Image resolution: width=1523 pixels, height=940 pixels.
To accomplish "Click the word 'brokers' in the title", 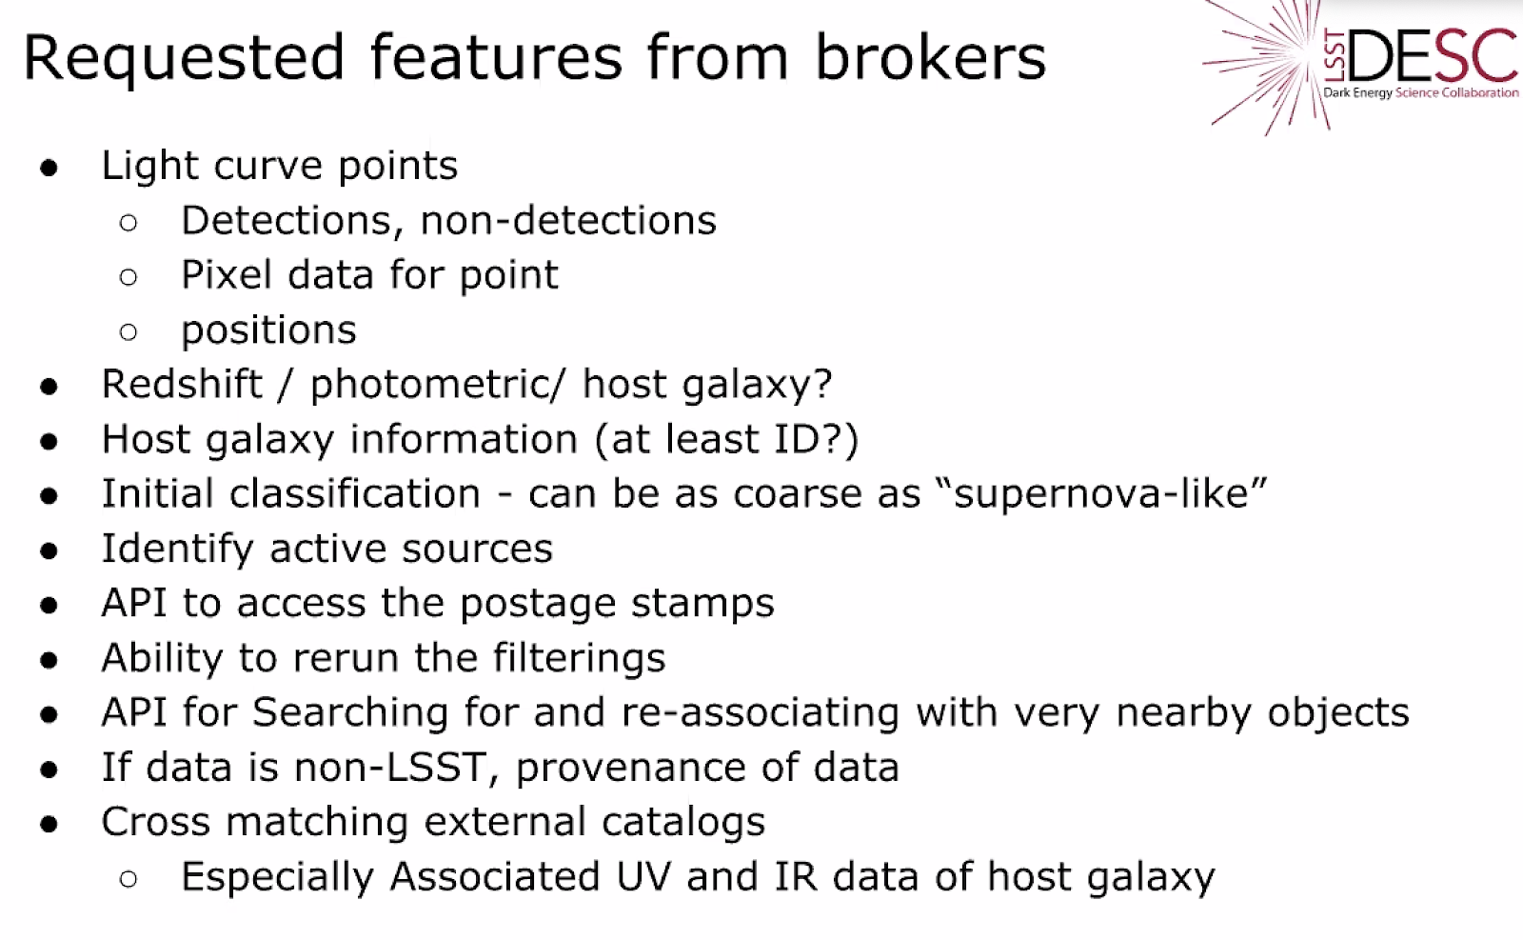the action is [930, 57].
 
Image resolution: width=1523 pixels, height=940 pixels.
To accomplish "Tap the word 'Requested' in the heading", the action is [184, 60].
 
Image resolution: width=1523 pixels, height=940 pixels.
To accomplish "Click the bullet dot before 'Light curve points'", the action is [49, 168].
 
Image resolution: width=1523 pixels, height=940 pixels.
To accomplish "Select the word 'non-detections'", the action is [568, 220].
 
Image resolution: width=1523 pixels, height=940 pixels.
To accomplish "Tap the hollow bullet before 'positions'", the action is [128, 332].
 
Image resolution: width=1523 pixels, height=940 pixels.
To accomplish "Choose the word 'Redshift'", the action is [182, 384].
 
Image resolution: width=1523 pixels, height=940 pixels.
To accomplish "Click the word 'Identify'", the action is [177, 550].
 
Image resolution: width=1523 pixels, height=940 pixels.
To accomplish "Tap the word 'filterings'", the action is [579, 659].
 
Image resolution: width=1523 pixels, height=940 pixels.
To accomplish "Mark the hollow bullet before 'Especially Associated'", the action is [128, 879].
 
